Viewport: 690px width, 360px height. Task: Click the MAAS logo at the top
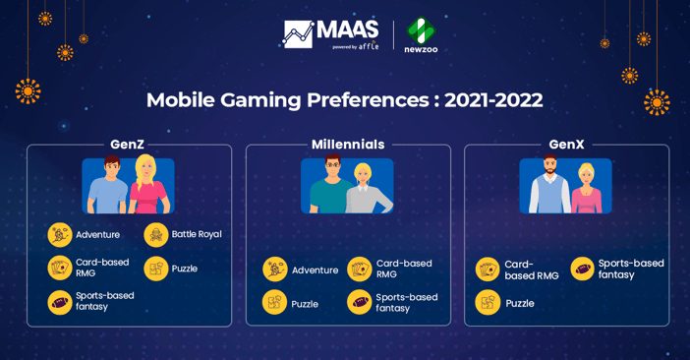coord(330,33)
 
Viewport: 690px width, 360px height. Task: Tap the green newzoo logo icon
coord(421,30)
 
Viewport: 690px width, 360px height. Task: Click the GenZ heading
coord(127,145)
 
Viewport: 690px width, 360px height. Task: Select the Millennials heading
coord(348,145)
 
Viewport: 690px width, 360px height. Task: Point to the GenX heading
coord(566,145)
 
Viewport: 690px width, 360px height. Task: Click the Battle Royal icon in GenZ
coord(156,234)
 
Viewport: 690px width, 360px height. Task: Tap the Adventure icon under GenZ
coord(60,234)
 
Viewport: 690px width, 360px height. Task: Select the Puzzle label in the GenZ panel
coord(185,269)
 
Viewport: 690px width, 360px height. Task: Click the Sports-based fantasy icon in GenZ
coord(60,302)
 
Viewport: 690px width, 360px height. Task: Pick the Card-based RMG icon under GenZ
coord(60,268)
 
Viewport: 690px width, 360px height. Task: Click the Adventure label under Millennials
coord(315,270)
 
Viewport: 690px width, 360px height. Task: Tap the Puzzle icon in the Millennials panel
coord(274,303)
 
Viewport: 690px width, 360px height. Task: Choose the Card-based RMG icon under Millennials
coord(360,270)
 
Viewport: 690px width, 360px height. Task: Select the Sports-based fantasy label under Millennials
coord(406,303)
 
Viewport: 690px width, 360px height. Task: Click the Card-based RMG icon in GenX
coord(488,270)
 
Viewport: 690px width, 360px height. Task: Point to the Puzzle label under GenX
coord(520,304)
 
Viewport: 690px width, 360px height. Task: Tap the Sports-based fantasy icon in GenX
coord(582,269)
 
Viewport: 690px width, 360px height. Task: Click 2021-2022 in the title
coord(493,100)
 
